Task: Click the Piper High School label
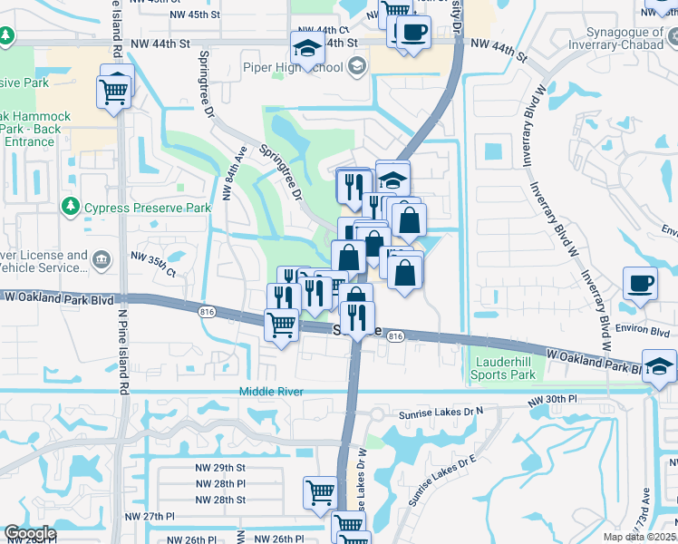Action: [x=292, y=66]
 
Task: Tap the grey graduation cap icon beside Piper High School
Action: [x=357, y=65]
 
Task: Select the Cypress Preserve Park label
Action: [x=147, y=208]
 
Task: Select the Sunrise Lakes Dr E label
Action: [x=442, y=479]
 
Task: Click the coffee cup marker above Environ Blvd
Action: [x=640, y=282]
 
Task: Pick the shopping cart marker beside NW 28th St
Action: [x=321, y=493]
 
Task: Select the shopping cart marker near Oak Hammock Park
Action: [x=114, y=92]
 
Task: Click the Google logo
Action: [x=29, y=533]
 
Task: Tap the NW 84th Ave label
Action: [x=234, y=174]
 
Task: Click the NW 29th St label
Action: [x=220, y=467]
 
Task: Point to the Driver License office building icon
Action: [x=101, y=260]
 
